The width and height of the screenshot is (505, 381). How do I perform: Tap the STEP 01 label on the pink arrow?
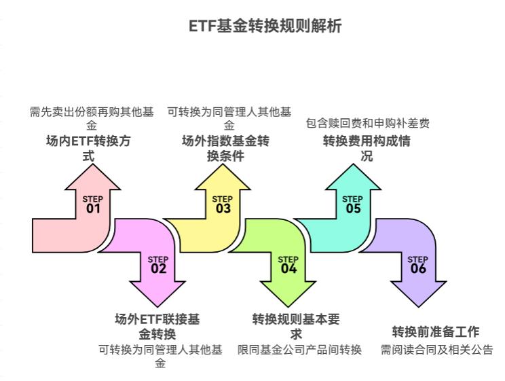pyautogui.click(x=93, y=204)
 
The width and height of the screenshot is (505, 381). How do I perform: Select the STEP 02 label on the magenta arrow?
pyautogui.click(x=158, y=265)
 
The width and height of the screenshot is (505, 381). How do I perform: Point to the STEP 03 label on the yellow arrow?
pyautogui.click(x=223, y=204)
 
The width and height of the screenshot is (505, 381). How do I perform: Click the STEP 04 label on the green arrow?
pyautogui.click(x=288, y=265)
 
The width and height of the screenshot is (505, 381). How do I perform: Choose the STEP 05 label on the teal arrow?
pyautogui.click(x=353, y=204)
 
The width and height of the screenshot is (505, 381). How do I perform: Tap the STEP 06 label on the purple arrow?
pyautogui.click(x=418, y=265)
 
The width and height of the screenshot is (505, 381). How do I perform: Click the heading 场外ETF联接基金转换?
pyautogui.click(x=158, y=326)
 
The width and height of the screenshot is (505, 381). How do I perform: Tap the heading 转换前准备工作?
pyautogui.click(x=435, y=332)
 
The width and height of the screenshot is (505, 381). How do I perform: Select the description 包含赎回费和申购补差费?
pyautogui.click(x=367, y=124)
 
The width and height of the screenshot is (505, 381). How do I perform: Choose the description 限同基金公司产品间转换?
pyautogui.click(x=299, y=350)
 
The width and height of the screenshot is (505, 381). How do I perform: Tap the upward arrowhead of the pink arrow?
pyautogui.click(x=93, y=177)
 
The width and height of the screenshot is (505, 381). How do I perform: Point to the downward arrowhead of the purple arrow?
pyautogui.click(x=418, y=292)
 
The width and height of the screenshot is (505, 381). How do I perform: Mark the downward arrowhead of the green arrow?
pyautogui.click(x=288, y=292)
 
